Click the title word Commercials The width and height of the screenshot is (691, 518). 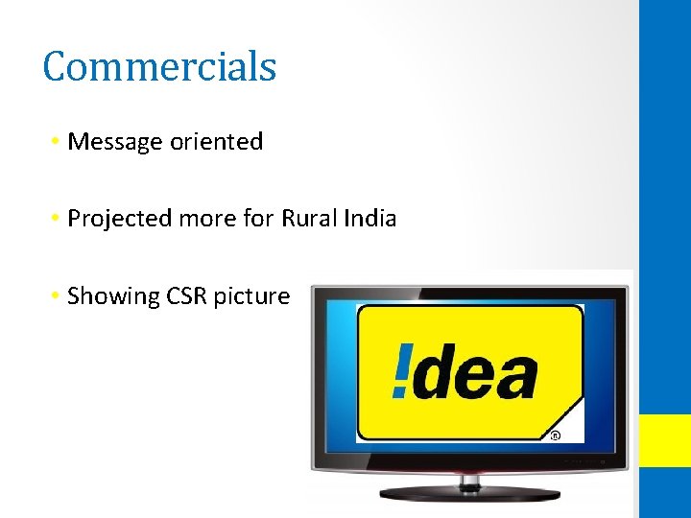159,66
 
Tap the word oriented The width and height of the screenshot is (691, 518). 216,142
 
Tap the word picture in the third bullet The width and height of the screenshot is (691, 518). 251,297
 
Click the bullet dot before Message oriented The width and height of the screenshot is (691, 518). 58,142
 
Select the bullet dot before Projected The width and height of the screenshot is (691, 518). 58,219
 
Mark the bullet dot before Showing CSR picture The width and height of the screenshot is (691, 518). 58,296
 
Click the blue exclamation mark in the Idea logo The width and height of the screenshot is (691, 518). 402,372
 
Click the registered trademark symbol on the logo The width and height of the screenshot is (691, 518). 555,436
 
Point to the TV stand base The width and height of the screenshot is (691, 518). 469,493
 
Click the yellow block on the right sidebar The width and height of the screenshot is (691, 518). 665,440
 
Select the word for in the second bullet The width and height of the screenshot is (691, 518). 258,218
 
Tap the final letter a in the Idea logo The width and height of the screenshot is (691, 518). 515,377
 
